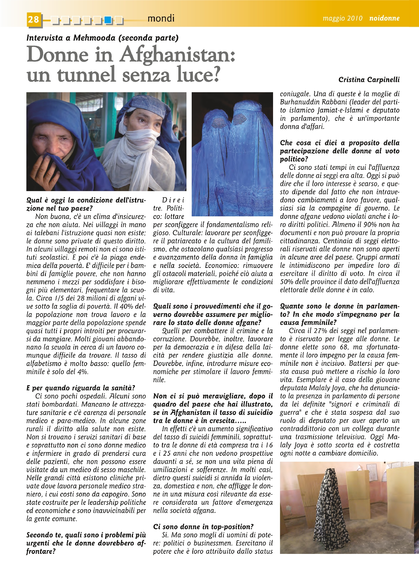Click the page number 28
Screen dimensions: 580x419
pos(34,19)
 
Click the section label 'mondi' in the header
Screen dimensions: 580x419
pos(161,19)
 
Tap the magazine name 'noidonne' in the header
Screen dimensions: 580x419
pos(384,18)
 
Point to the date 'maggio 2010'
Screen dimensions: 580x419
pos(343,18)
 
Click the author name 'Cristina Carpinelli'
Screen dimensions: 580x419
pos(369,80)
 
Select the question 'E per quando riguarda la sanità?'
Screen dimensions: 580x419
pos(80,388)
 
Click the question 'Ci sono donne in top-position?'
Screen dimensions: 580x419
pos(203,527)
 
